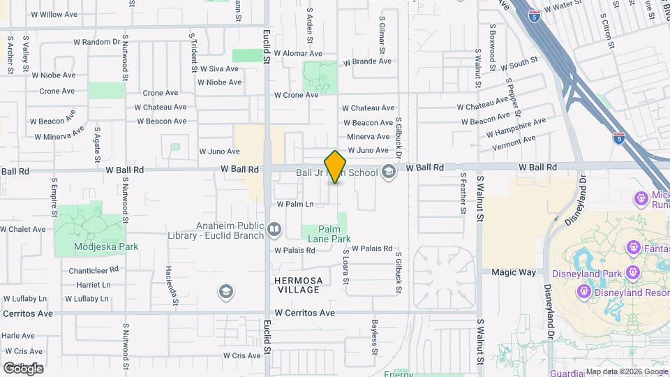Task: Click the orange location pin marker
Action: [336, 167]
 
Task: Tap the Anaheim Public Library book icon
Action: [274, 229]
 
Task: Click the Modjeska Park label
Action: [106, 246]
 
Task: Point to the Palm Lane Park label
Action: [334, 234]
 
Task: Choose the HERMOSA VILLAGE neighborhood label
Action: [299, 285]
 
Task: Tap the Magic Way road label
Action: [513, 272]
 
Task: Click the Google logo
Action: [23, 368]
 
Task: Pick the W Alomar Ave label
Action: [298, 53]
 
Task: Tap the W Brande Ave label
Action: [366, 61]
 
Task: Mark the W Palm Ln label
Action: [295, 205]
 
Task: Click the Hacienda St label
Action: [169, 279]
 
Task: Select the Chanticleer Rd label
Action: [94, 270]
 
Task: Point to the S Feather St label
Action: [463, 193]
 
